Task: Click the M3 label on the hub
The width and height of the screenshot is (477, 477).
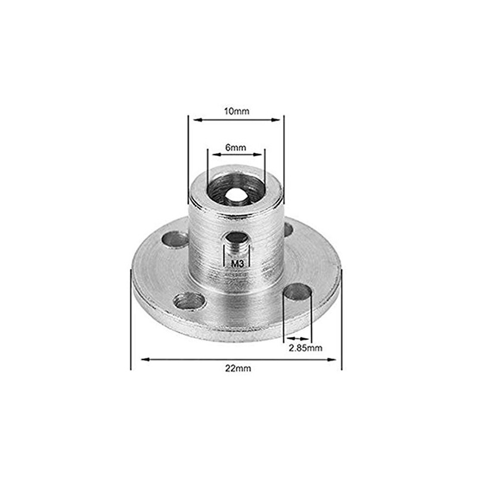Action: point(236,262)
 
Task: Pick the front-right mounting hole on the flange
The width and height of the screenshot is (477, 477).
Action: point(298,293)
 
